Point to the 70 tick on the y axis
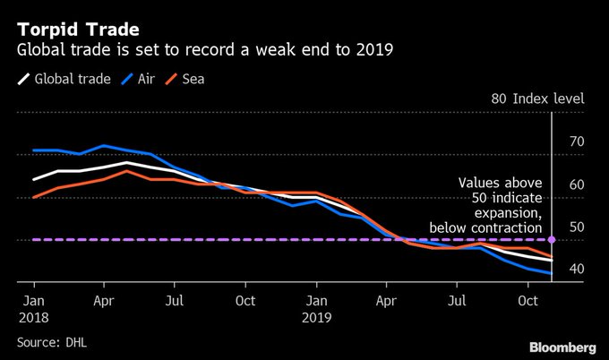point(576,141)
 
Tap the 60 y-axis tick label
point(576,184)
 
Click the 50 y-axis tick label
point(576,227)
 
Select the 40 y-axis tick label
point(576,269)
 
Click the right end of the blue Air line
point(551,273)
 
